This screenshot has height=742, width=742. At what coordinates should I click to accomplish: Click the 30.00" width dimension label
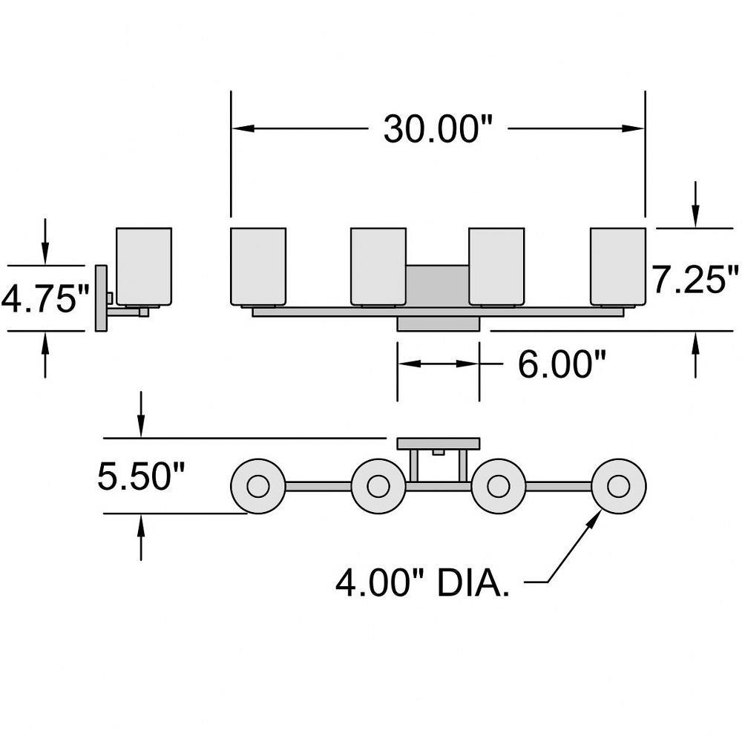pos(438,129)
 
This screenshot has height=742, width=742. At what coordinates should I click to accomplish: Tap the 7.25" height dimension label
pos(695,280)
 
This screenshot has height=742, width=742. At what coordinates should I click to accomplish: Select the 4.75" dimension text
pos(45,299)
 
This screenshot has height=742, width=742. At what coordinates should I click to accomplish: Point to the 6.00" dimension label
pos(562,364)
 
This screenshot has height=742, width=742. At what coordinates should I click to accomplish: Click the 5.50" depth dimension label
pos(141,476)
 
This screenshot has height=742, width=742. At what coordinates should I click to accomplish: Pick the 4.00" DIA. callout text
pos(423,583)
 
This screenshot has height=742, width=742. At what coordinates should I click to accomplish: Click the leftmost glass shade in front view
pos(258,266)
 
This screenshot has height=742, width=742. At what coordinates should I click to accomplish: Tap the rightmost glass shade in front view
pos(617,266)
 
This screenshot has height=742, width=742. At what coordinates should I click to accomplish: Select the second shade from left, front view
pos(378,266)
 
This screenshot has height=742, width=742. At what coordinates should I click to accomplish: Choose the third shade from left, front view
pos(497,266)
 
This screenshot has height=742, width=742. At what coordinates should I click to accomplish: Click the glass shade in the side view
pos(144,266)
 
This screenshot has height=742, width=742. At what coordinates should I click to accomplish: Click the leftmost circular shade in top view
pos(258,487)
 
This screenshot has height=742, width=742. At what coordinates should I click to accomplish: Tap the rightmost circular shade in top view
pos(618,487)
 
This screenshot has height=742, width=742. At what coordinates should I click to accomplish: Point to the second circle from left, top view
pos(378,487)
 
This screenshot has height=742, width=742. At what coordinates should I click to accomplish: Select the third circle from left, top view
pos(498,487)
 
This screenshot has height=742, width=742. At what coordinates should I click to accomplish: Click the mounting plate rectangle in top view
pos(438,444)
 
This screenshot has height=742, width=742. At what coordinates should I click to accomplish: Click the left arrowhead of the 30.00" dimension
pos(239,128)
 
